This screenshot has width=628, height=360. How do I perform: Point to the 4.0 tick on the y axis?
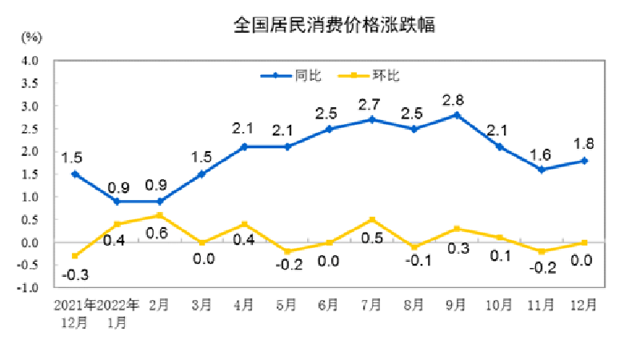30,60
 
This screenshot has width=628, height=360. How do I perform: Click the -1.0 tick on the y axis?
29,288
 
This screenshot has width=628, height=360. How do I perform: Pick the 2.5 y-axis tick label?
30,129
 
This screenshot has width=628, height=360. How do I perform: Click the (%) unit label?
32,37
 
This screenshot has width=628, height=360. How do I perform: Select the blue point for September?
456,114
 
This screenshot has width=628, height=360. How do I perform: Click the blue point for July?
371,119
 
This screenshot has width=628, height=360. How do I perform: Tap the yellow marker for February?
159,215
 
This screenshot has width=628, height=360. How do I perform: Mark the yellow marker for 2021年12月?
74,256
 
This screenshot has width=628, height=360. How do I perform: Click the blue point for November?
542,170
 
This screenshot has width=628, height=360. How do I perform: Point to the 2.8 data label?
456,100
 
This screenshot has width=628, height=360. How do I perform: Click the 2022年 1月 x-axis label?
117,314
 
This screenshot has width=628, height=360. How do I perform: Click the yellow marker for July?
371,219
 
